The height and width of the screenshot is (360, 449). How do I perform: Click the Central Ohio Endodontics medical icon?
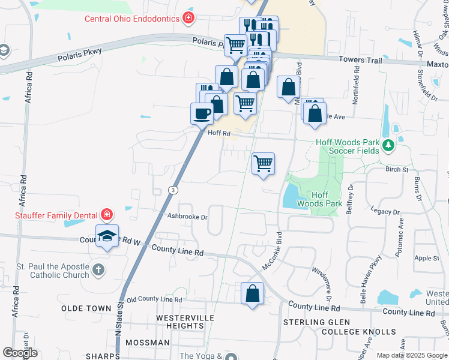coord(189,18)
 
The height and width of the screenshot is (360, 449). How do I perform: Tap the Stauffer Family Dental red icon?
coord(106,214)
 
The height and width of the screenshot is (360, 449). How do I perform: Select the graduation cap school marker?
coord(107,236)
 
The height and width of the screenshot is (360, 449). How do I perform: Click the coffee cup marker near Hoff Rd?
coord(202,113)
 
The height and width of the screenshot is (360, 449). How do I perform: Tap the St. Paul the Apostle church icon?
coord(98,271)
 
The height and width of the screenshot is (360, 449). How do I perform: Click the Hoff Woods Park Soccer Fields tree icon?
coord(388,145)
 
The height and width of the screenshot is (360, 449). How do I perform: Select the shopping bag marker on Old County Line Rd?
coord(253,293)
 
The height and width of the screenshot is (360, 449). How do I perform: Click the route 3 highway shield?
coord(173,190)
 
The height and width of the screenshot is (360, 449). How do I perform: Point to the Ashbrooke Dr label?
coord(187,217)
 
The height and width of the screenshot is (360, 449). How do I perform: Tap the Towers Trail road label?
coord(360,59)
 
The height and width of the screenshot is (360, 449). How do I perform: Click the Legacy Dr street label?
coord(385,212)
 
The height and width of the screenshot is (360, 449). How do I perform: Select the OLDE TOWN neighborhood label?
coord(86,308)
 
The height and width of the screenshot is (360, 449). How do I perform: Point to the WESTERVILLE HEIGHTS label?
coord(180,321)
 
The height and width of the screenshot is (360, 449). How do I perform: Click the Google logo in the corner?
coord(20,353)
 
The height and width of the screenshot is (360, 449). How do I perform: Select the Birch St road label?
coord(397,170)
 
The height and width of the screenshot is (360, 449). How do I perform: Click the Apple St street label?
coord(427,258)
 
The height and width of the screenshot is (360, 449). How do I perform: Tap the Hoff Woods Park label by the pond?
coord(327,199)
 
